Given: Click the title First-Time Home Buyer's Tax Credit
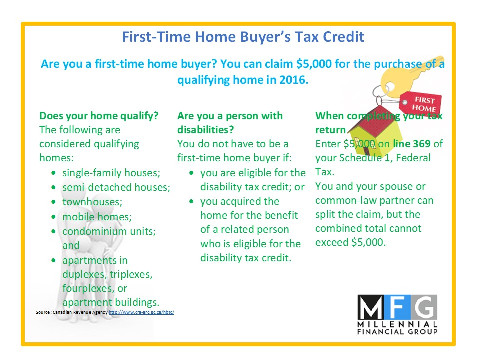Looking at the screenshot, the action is (x=243, y=37).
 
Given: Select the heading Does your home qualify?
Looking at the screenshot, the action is (x=99, y=116).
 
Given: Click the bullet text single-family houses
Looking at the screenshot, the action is (x=111, y=173).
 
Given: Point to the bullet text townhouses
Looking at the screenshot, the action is (x=92, y=202).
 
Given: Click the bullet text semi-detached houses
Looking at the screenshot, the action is (x=116, y=187).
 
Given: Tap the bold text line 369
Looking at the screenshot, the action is (x=412, y=144).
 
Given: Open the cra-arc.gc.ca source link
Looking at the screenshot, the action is (x=141, y=312).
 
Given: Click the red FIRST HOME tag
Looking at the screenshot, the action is (x=421, y=103).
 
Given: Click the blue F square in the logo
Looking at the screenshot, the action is (x=398, y=306).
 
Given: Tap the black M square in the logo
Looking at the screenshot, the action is (x=370, y=306).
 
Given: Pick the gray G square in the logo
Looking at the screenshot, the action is (x=424, y=306).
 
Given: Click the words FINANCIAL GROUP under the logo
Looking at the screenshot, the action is (x=397, y=332).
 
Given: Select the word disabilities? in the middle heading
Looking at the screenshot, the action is (x=205, y=130).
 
